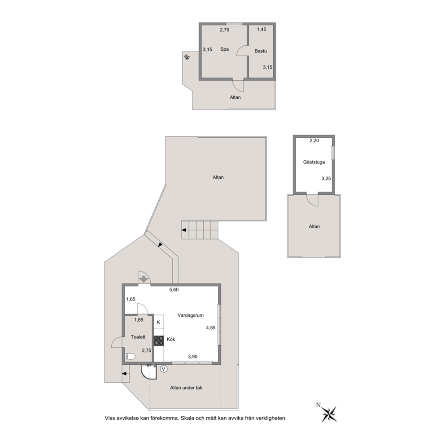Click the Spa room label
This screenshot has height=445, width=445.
(x=224, y=49)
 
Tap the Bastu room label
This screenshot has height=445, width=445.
(x=261, y=51)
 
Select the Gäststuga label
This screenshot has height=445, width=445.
(x=314, y=162)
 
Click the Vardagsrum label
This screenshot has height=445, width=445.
(x=191, y=315)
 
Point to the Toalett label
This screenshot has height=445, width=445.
(x=138, y=337)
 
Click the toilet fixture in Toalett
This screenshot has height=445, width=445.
(x=130, y=357)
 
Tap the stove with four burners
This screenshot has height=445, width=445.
(x=159, y=340)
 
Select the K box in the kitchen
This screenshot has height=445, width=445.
(x=159, y=323)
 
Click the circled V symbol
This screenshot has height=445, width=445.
(x=164, y=369)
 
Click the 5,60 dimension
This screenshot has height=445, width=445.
(x=174, y=290)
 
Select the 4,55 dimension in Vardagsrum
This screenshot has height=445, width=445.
(x=210, y=327)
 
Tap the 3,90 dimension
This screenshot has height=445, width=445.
(x=193, y=357)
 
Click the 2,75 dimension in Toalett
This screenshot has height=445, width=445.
(x=146, y=350)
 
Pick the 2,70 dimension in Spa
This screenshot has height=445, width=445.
(x=224, y=30)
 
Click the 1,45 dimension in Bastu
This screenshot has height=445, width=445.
(x=262, y=29)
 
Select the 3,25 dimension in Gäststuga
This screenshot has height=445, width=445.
(x=326, y=179)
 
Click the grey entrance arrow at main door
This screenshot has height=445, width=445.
(x=144, y=279)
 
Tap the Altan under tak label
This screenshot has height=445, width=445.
(x=186, y=388)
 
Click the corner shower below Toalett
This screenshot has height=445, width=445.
(x=149, y=372)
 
